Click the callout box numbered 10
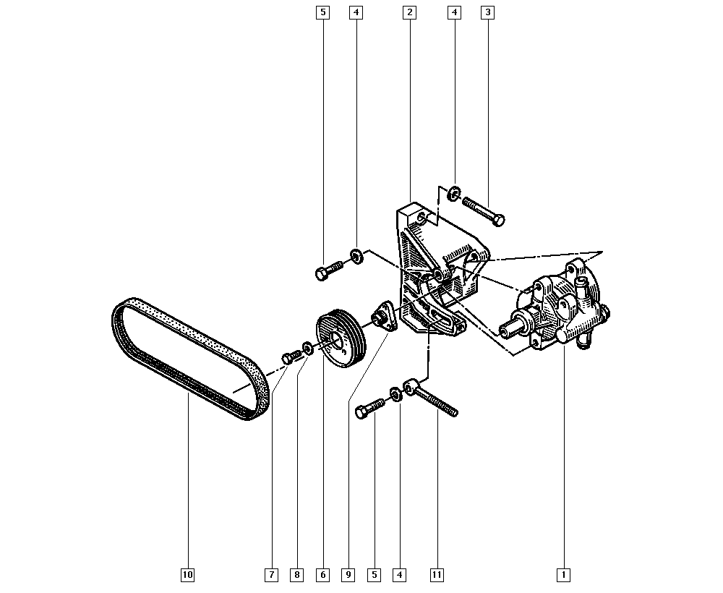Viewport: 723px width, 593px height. click(x=187, y=575)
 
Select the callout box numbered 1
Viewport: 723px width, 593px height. click(x=563, y=575)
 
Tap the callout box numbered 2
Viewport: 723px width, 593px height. click(x=409, y=12)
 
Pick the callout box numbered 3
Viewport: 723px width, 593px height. click(x=488, y=12)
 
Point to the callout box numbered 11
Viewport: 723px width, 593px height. click(x=437, y=575)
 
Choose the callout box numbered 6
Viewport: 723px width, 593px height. click(x=322, y=575)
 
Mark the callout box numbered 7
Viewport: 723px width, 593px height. click(x=272, y=575)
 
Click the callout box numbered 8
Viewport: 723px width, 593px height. click(x=297, y=575)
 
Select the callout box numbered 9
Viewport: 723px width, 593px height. click(x=348, y=575)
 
